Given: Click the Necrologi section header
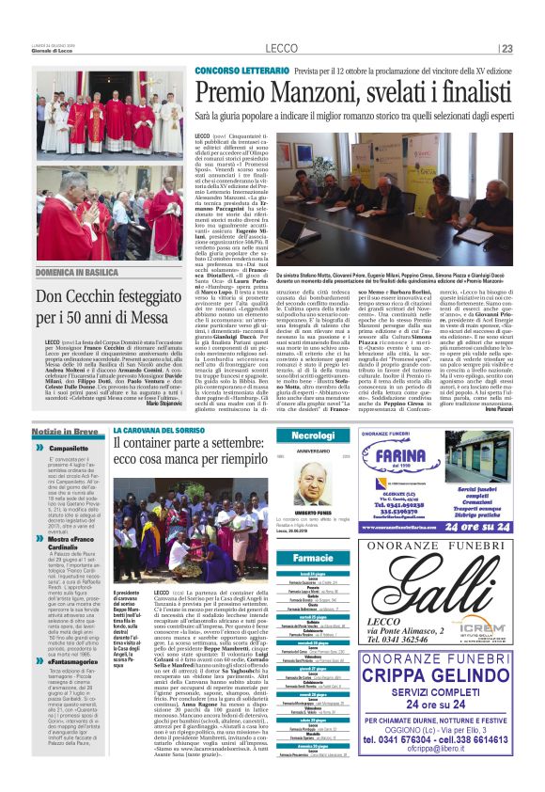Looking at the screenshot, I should click(312, 436).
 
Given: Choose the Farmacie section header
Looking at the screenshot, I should click(313, 559).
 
